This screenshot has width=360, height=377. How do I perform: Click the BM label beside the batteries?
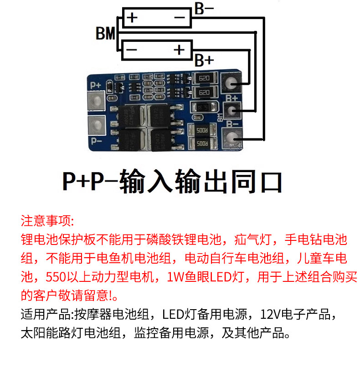tap(106, 34)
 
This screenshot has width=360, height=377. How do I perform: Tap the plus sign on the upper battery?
tap(132, 18)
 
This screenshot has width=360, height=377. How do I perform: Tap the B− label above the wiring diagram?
tap(204, 9)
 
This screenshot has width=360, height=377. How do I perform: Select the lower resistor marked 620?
tap(204, 93)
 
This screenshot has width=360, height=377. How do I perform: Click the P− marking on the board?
tap(96, 140)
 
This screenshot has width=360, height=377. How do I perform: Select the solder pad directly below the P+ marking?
tap(95, 101)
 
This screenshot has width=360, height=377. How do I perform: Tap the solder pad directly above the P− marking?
tap(95, 123)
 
